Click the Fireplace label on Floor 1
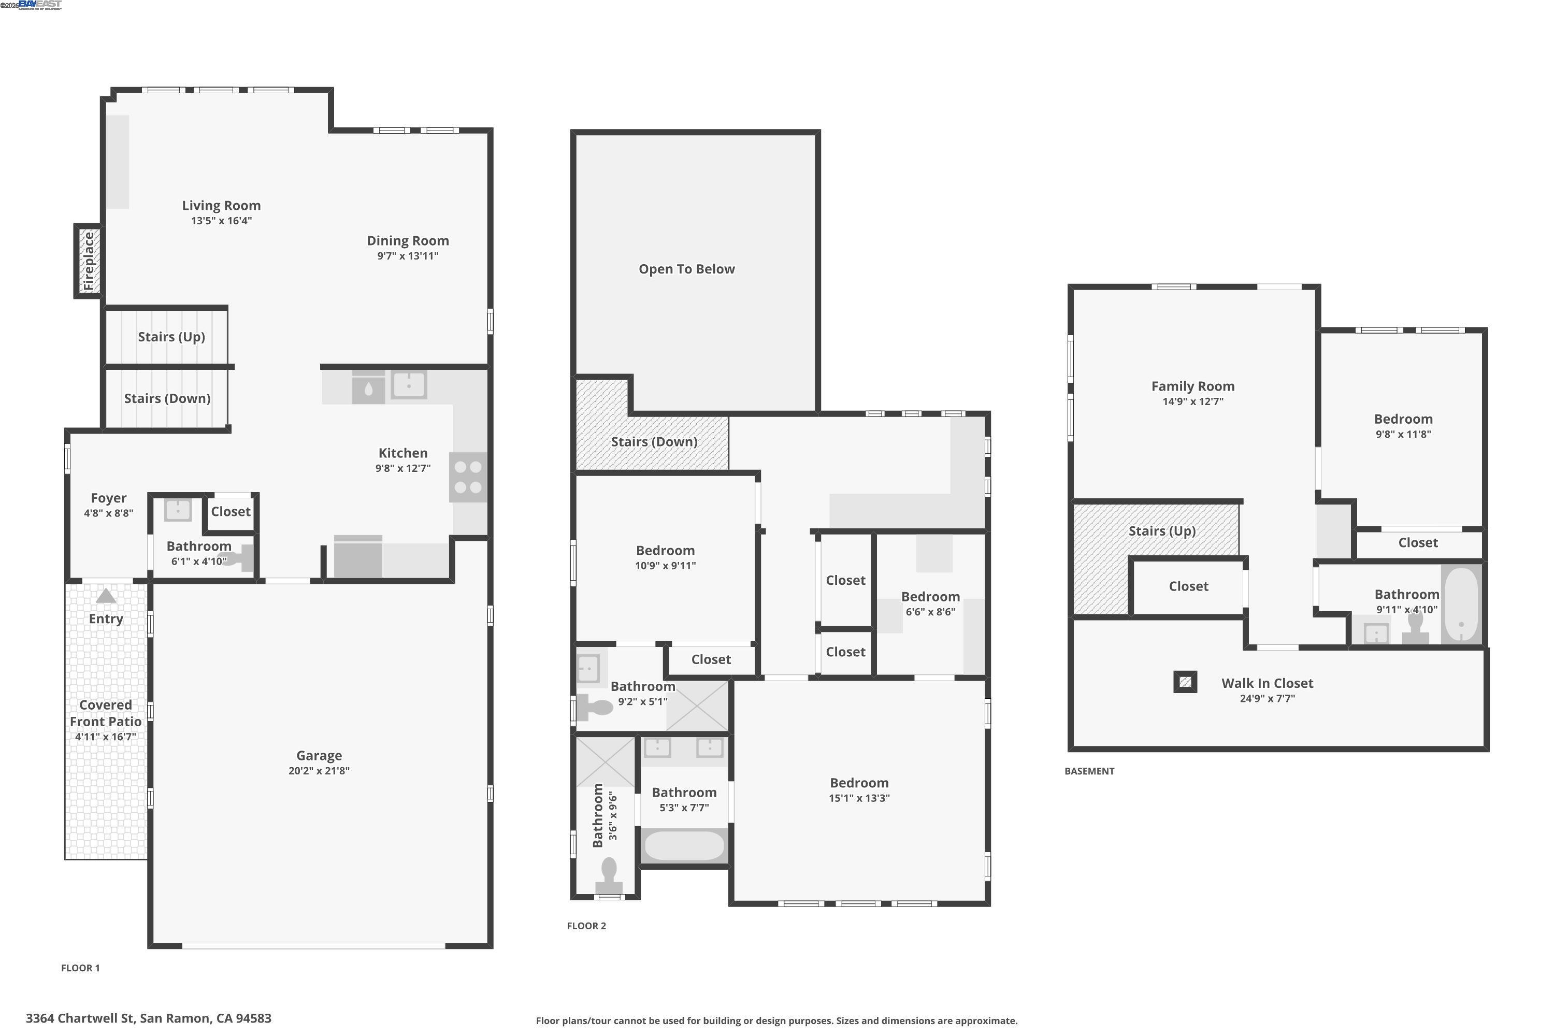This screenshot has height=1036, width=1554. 89,261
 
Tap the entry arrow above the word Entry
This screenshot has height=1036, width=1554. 106,597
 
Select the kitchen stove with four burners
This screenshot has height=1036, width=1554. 468,477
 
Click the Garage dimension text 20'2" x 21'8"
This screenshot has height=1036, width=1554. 319,770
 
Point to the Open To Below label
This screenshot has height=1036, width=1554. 686,269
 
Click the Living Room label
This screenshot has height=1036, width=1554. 221,206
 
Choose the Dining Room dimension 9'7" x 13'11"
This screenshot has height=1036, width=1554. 408,256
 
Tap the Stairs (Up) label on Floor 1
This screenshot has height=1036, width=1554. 171,337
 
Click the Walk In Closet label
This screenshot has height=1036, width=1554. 1267,683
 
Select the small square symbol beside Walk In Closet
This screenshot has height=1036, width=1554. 1185,682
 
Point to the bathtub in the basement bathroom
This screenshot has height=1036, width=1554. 1461,605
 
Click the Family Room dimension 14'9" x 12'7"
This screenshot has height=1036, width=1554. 1192,401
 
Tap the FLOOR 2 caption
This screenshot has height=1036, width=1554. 586,926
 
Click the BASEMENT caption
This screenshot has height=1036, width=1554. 1089,771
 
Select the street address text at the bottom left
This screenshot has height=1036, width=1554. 149,1018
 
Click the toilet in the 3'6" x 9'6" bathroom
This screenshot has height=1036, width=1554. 609,875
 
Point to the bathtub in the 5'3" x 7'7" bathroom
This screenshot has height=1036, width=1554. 684,846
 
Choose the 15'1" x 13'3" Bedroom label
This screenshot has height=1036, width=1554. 859,783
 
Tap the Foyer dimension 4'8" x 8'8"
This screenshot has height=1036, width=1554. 108,513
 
